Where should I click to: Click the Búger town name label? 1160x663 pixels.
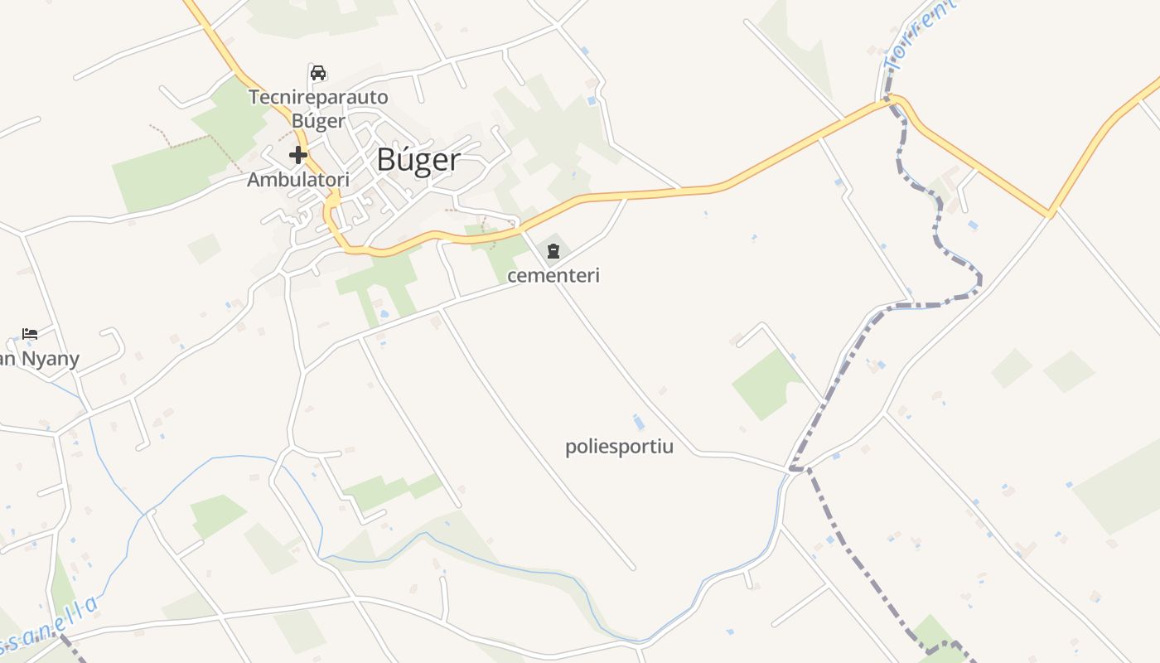(418, 160)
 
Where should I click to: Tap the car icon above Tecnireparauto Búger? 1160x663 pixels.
(317, 72)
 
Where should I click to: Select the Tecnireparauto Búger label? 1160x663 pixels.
(318, 109)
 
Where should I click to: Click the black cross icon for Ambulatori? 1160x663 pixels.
(298, 155)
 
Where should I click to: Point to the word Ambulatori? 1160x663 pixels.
(298, 179)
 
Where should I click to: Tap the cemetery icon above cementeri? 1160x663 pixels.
(553, 250)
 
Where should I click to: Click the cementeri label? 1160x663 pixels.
(553, 275)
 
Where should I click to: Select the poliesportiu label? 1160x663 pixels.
(619, 448)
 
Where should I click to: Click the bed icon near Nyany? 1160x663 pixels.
(30, 334)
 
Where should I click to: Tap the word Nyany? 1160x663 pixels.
(50, 359)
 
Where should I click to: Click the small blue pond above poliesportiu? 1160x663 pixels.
(638, 422)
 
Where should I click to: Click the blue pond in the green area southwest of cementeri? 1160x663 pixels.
(383, 315)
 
